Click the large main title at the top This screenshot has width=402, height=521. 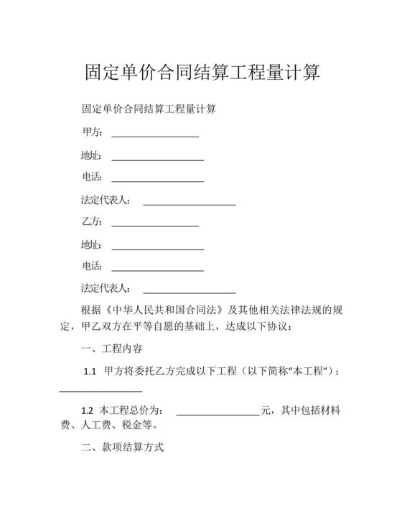[200, 73]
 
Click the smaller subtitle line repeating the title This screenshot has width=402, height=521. [150, 110]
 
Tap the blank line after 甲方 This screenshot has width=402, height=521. [155, 135]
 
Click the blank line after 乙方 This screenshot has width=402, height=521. [155, 224]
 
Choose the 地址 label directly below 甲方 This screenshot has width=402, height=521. [91, 155]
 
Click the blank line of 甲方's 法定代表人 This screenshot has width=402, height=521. [190, 202]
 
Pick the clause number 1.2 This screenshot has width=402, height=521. [87, 411]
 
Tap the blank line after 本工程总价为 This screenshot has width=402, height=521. [218, 413]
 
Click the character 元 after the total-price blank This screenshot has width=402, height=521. [266, 411]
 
